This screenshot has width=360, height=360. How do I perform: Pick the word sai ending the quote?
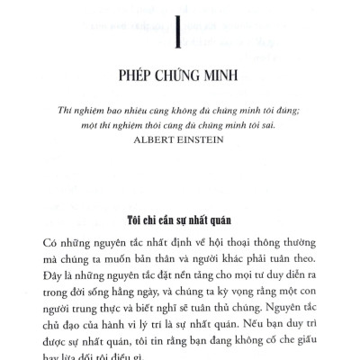[280, 153]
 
